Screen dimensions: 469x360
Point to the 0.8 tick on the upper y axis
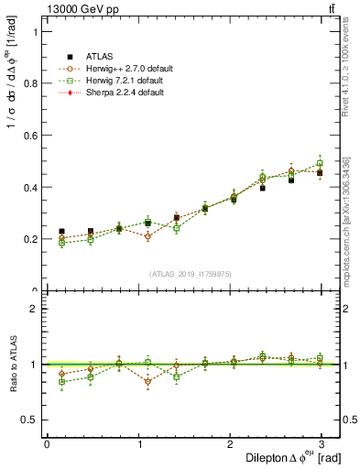(x=29, y=82)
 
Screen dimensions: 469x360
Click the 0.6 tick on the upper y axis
(x=29, y=135)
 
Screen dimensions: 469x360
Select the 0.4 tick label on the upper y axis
(x=29, y=187)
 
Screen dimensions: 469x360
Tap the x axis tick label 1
(x=137, y=443)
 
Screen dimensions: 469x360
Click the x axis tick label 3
(x=321, y=443)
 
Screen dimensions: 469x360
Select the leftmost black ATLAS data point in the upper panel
(x=61, y=232)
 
